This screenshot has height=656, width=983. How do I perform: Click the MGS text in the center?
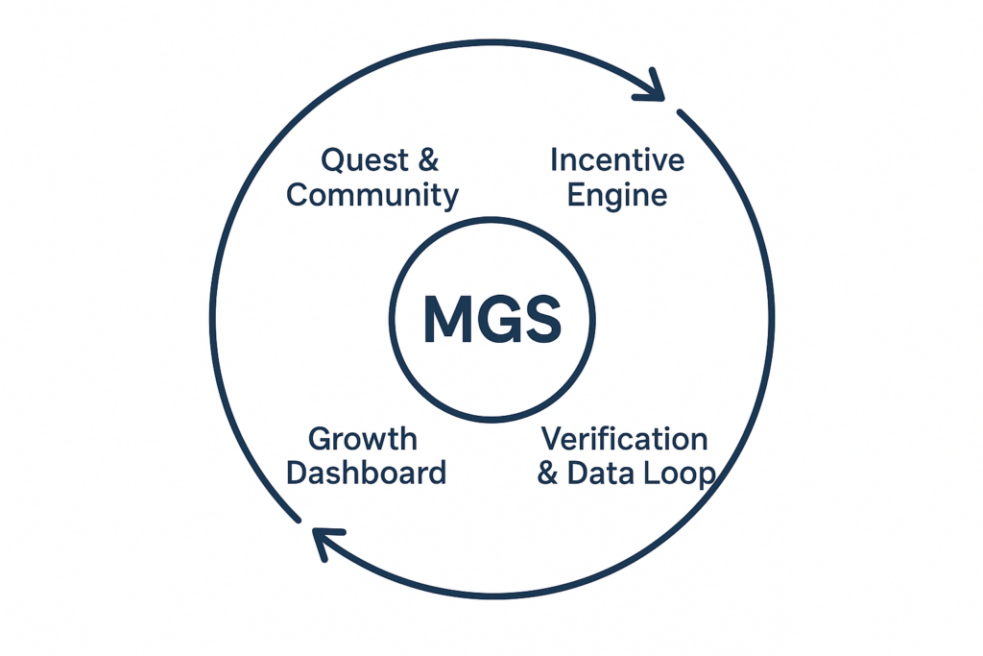click(491, 320)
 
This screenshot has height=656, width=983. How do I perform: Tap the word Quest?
click(360, 159)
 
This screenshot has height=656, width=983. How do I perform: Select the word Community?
click(372, 195)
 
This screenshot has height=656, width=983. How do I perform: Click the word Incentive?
click(617, 159)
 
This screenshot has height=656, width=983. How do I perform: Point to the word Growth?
click(363, 440)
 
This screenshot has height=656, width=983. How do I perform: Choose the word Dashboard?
click(367, 473)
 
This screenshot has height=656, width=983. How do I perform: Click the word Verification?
click(625, 440)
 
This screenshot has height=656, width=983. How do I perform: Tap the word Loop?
click(681, 474)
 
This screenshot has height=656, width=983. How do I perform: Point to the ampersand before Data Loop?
click(548, 474)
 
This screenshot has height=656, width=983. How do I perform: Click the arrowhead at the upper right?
click(652, 86)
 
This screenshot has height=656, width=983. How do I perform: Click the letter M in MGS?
click(446, 320)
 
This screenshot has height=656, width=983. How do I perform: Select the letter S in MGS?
click(540, 320)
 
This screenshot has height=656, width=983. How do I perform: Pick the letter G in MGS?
click(495, 320)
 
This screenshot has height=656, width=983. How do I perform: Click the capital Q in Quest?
click(333, 160)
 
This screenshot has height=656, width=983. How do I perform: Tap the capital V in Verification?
click(553, 440)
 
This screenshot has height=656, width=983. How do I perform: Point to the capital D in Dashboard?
click(298, 473)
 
